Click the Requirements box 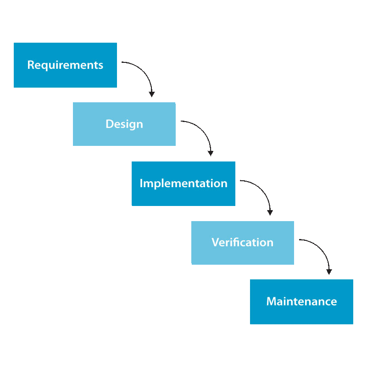pyautogui.click(x=65, y=65)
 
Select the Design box pyautogui.click(x=124, y=124)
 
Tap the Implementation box pyautogui.click(x=183, y=184)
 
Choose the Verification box pyautogui.click(x=243, y=243)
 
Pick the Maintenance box pyautogui.click(x=301, y=302)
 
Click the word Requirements pyautogui.click(x=65, y=65)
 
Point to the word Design pyautogui.click(x=124, y=124)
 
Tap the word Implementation pyautogui.click(x=183, y=183)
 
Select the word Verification pyautogui.click(x=243, y=242)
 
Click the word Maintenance pyautogui.click(x=302, y=301)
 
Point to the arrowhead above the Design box pyautogui.click(x=152, y=95)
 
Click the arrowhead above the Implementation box pyautogui.click(x=211, y=153)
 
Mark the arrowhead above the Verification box pyautogui.click(x=270, y=213)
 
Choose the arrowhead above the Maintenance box pyautogui.click(x=329, y=272)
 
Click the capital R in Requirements pyautogui.click(x=31, y=65)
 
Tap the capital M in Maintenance pyautogui.click(x=272, y=301)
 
